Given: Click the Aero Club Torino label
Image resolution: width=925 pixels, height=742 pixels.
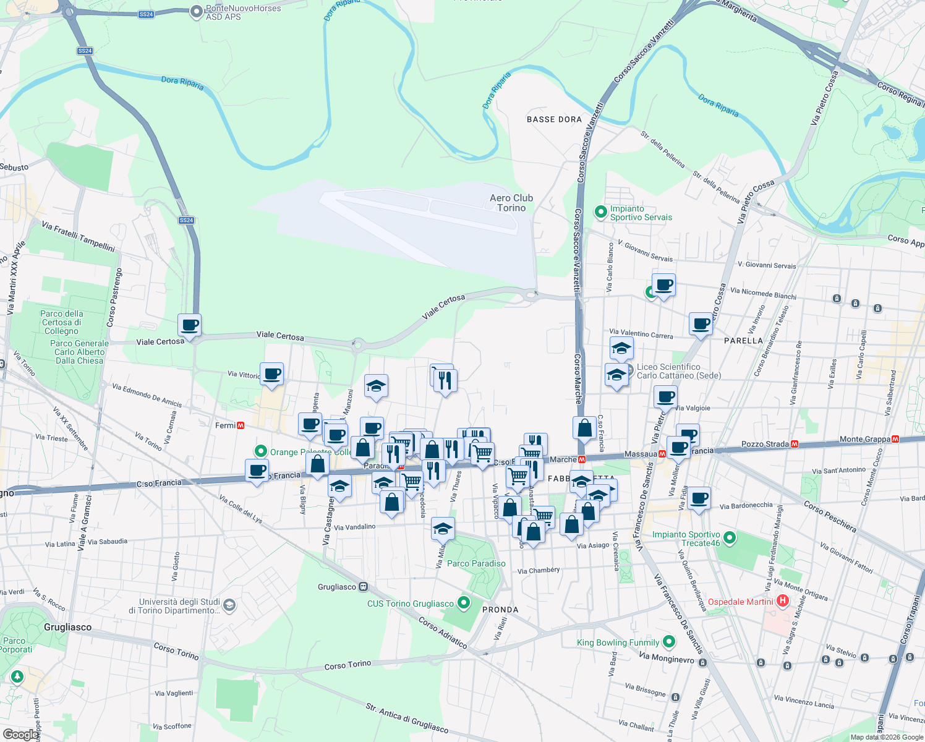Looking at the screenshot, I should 511,203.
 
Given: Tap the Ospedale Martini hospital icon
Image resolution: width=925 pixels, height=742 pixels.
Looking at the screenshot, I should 783,600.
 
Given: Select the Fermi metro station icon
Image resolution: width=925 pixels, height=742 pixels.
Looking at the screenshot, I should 241,425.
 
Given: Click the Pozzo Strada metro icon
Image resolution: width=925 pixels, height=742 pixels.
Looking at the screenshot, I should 795,443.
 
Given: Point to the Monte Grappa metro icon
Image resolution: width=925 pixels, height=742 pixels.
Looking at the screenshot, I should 895,439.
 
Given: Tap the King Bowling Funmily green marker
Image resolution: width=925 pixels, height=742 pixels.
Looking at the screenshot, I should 668,642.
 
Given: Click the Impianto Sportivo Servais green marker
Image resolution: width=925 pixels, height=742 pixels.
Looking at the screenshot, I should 600,212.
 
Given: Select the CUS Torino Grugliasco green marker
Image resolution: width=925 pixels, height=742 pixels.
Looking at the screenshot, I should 463,603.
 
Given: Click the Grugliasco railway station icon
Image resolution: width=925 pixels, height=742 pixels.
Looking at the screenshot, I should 363,587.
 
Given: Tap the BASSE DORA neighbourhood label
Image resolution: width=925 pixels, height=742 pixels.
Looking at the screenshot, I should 554,119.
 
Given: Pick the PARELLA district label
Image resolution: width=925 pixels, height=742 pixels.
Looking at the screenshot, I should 743,341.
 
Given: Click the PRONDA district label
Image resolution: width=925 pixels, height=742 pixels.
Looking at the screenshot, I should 500,610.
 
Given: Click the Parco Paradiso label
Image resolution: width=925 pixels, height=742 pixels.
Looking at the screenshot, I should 476,563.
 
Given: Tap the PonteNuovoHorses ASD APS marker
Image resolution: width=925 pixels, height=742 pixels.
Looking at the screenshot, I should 196,11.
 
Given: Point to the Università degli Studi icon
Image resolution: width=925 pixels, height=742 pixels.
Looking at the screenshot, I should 229,605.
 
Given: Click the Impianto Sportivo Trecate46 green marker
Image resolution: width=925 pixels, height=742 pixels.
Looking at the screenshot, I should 730,538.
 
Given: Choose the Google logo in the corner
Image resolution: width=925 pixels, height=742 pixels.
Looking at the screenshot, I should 20,734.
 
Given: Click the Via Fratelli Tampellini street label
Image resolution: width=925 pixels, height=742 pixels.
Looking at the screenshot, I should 79,236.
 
